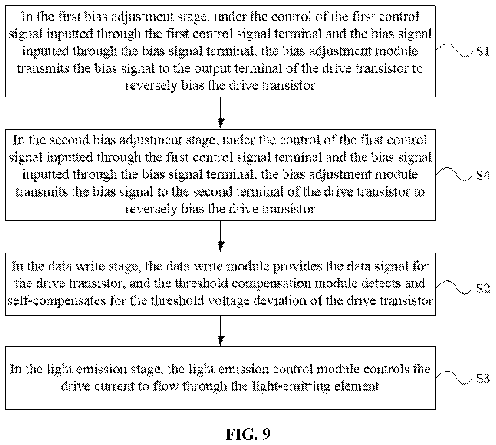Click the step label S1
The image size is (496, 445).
click(482, 51)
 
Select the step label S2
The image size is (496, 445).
click(483, 289)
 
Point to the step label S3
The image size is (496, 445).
click(483, 378)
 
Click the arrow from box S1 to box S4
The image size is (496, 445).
click(221, 113)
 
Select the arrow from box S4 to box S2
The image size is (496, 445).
click(221, 236)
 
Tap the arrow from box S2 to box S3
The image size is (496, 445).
click(221, 331)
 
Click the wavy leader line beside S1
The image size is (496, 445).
click(455, 50)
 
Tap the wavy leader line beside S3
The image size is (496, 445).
click(455, 377)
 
